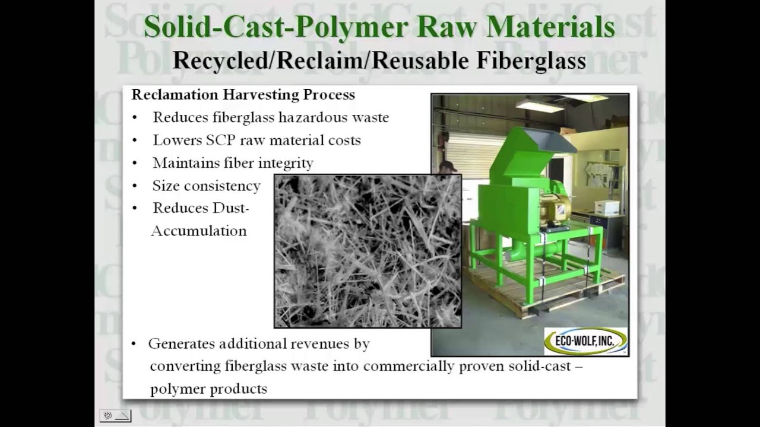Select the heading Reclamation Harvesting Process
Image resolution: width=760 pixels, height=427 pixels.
click(243, 94)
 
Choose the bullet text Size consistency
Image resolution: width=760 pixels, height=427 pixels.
click(206, 186)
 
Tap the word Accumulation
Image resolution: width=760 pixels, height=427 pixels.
click(199, 231)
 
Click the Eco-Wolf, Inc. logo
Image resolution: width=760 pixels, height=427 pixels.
click(585, 341)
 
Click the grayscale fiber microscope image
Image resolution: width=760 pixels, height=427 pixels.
click(368, 250)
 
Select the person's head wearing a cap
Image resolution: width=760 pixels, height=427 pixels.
click(448, 167)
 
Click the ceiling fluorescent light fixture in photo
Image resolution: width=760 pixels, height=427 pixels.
click(539, 106)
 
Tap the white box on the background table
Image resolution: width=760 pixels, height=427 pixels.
click(607, 207)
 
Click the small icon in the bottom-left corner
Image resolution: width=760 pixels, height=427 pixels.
click(115, 416)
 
